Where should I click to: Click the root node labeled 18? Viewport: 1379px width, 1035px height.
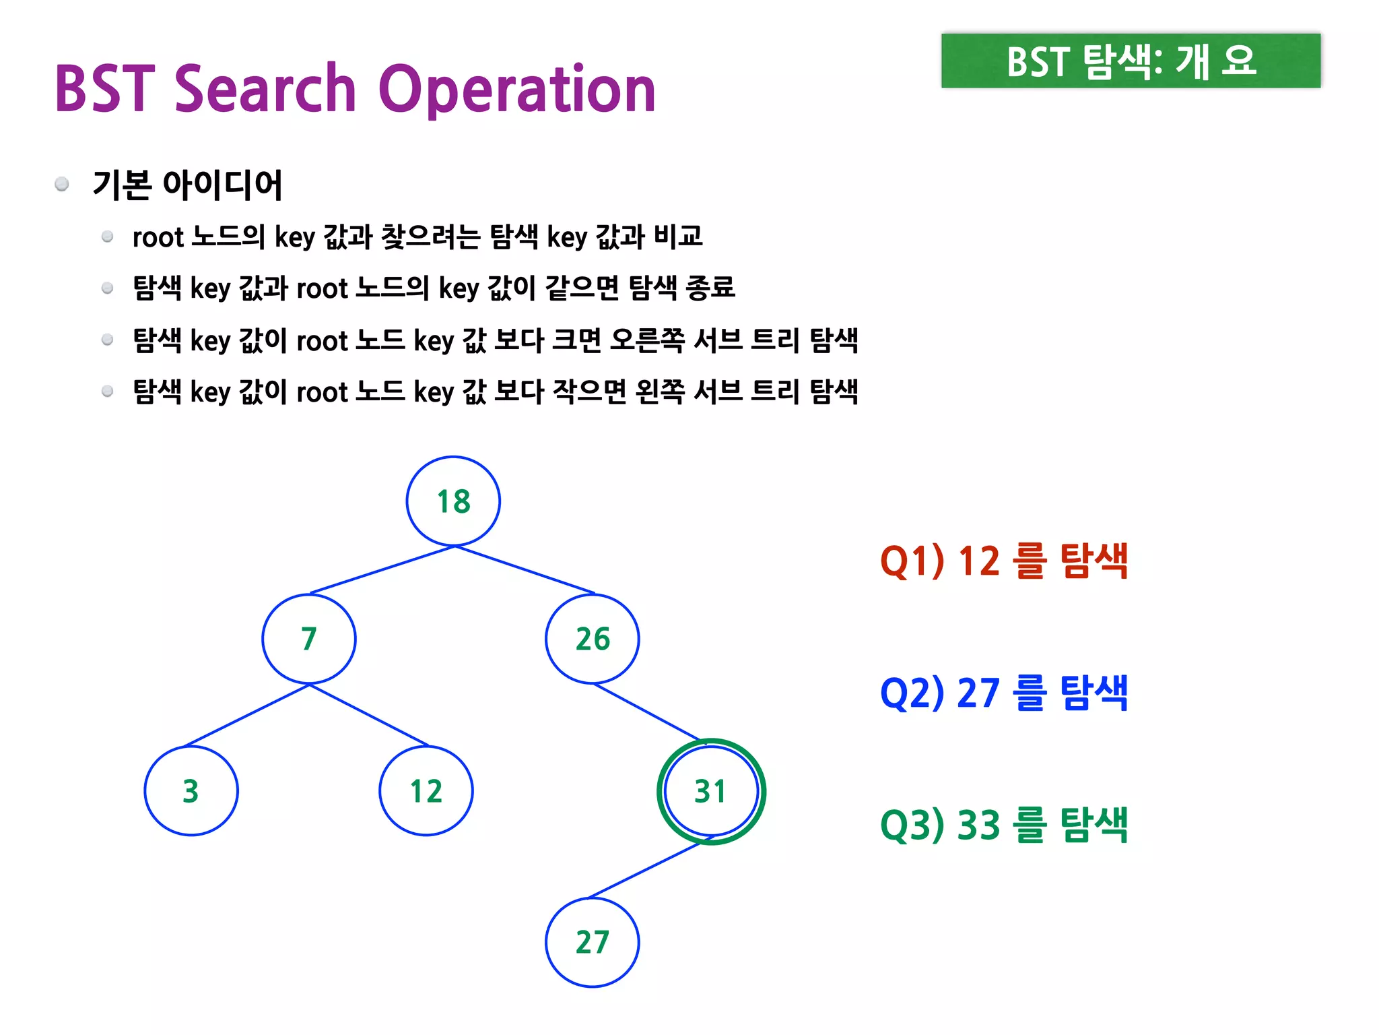453,501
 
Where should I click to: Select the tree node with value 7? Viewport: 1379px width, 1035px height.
309,639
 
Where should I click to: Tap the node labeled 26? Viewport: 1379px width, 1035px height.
593,639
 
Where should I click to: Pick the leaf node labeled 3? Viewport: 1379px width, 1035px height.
191,791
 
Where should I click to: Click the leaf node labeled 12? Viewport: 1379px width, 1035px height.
426,791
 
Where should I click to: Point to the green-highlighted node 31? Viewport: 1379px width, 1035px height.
711,791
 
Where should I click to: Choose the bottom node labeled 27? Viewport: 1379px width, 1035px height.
593,942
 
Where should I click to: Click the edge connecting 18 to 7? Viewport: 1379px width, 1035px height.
382,570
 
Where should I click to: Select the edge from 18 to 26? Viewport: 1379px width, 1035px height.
525,570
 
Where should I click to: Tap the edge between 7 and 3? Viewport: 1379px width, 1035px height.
247,715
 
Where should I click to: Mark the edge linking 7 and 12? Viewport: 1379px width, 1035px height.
369,715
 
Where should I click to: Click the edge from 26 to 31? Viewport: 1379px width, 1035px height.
647,712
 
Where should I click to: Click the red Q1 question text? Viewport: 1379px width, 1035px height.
1003,561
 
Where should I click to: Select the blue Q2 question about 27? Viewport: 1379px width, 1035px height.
1003,693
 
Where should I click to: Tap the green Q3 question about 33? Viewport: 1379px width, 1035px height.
1003,825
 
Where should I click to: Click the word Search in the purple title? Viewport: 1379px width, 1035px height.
265,89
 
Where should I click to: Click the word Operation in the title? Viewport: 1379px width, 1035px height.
517,90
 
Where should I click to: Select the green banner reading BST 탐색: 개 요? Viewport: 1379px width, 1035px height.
1131,61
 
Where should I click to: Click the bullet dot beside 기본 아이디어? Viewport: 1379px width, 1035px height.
62,184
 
